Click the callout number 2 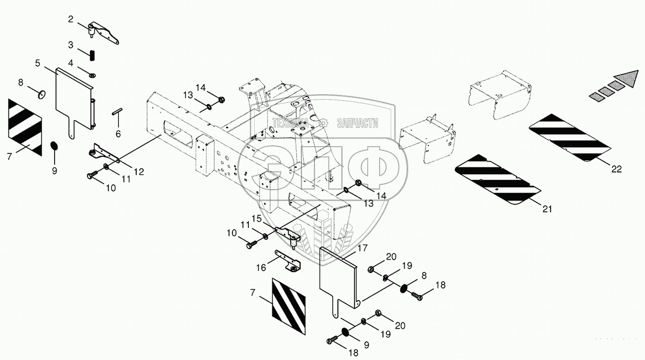pyautogui.click(x=70, y=19)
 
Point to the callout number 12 pyautogui.click(x=139, y=172)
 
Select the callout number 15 pyautogui.click(x=257, y=218)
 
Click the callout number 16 pyautogui.click(x=261, y=267)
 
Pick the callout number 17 pyautogui.click(x=363, y=249)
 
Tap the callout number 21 pyautogui.click(x=547, y=209)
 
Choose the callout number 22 pyautogui.click(x=617, y=169)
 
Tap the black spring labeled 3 pyautogui.click(x=92, y=54)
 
